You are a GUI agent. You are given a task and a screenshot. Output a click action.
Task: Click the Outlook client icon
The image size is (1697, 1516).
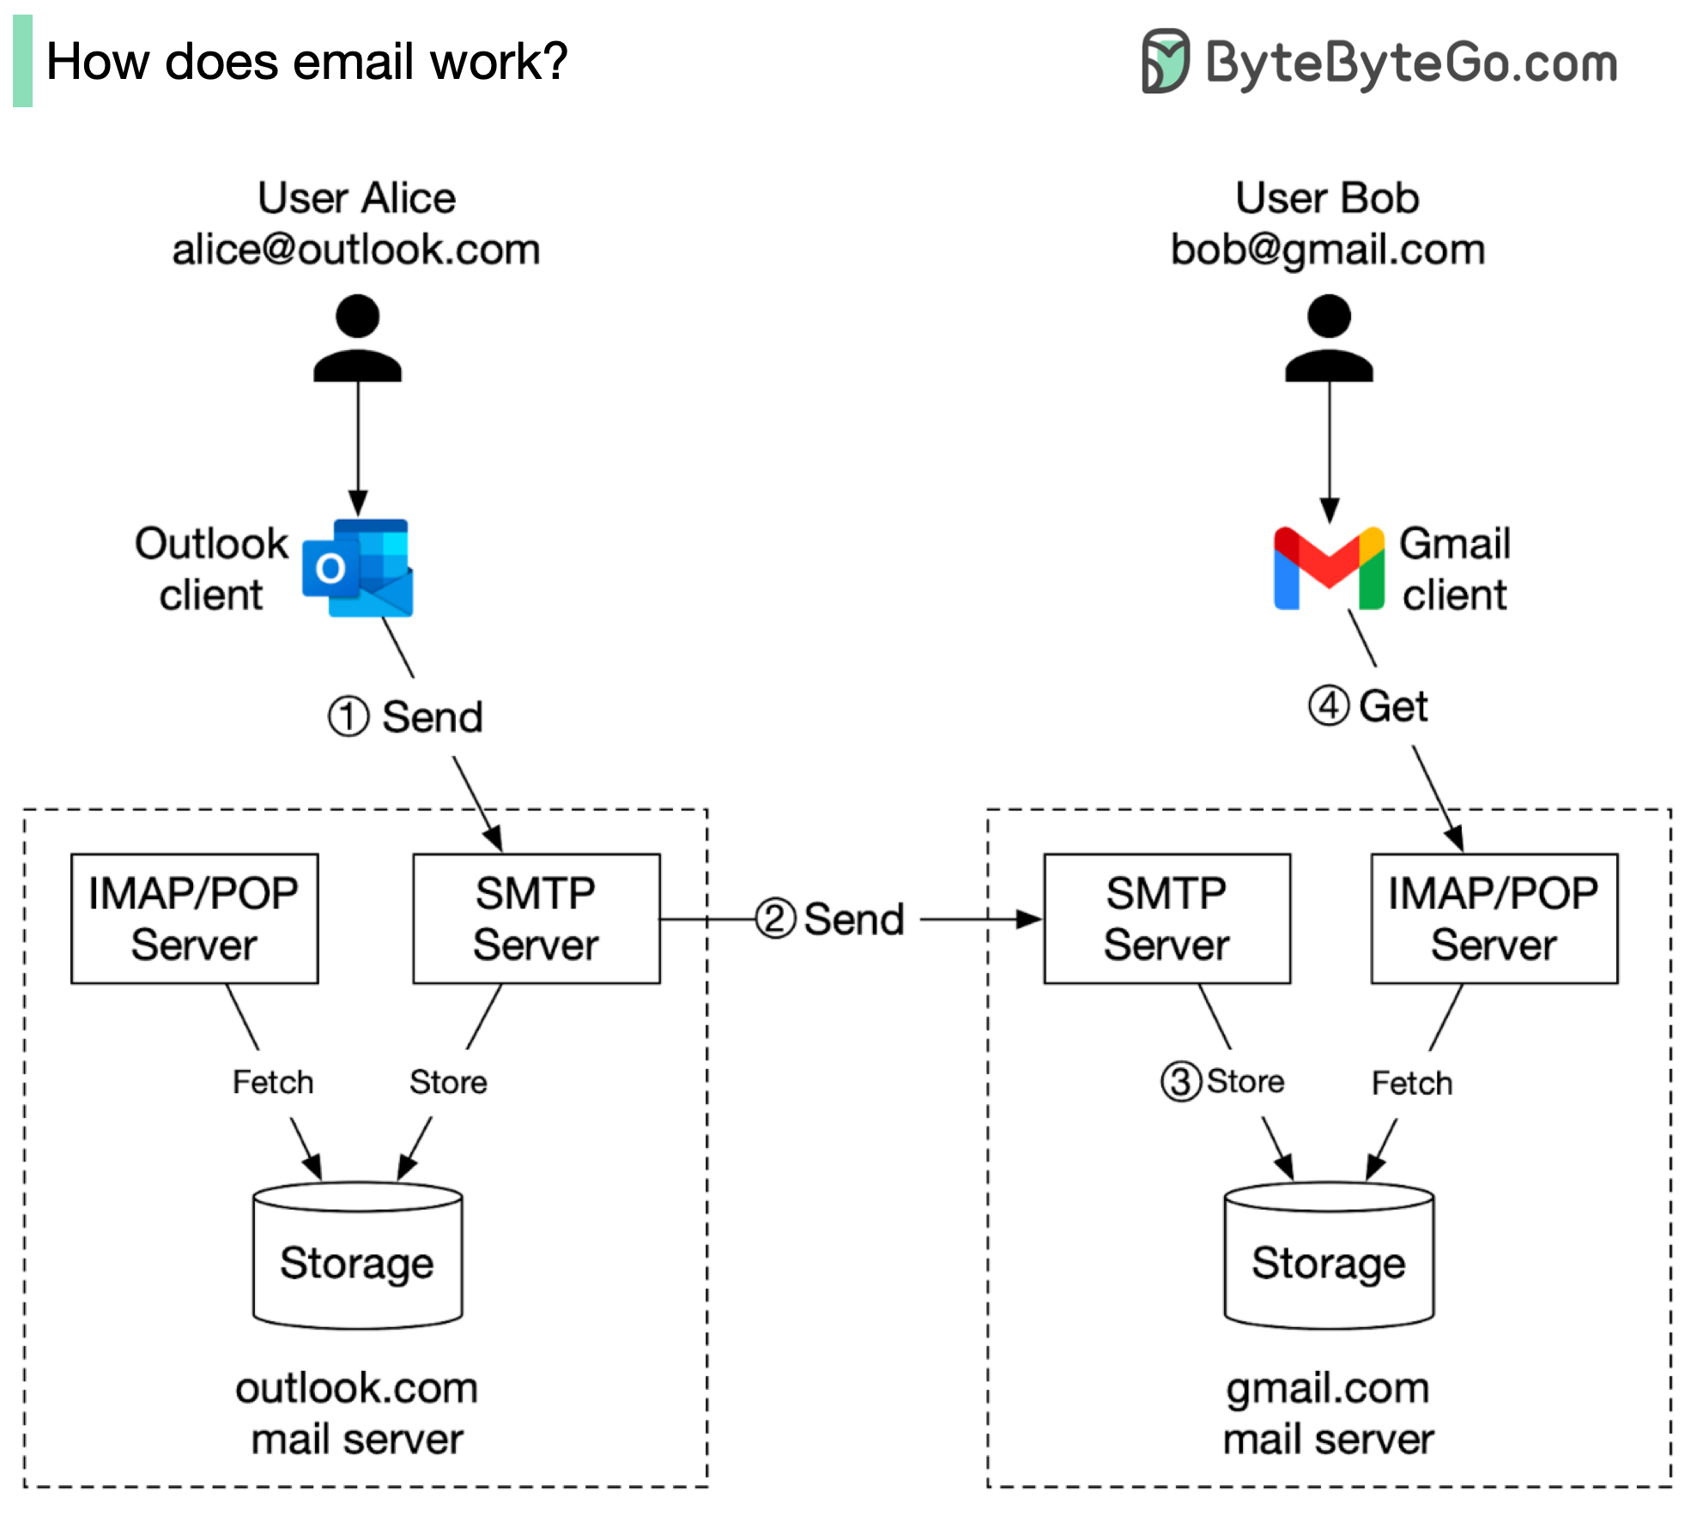[x=358, y=568]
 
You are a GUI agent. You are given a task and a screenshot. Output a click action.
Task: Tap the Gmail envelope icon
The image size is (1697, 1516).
[x=1328, y=568]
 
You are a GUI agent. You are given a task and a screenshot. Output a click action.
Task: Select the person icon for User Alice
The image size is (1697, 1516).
[x=357, y=338]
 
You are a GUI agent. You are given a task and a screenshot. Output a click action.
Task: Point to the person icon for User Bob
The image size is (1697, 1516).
[x=1328, y=338]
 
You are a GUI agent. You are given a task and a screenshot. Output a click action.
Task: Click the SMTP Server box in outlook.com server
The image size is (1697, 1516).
[x=536, y=918]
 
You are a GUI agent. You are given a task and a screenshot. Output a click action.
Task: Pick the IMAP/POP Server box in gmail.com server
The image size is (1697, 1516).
[x=1494, y=918]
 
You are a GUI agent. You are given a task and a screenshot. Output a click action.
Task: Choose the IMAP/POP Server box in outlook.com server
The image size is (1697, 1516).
[x=194, y=918]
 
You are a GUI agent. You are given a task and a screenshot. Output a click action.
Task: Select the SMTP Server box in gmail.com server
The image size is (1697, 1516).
[x=1167, y=918]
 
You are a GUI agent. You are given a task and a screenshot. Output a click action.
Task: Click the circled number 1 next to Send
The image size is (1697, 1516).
[x=348, y=716]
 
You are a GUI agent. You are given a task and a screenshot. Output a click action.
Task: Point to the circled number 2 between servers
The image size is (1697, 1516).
[x=775, y=919]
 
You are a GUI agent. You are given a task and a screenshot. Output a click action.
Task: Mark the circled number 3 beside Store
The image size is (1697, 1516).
[x=1180, y=1082]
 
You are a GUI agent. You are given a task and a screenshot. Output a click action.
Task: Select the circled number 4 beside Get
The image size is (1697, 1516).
[x=1328, y=706]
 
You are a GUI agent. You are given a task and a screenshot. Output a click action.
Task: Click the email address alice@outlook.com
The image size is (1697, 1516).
[x=356, y=250]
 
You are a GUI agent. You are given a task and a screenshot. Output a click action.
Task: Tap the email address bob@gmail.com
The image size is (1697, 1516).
[x=1328, y=250]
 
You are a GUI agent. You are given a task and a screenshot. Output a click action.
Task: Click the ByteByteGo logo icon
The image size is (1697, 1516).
[x=1165, y=61]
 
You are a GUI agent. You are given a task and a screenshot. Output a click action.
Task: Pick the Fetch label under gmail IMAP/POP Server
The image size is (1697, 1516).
[x=1412, y=1084]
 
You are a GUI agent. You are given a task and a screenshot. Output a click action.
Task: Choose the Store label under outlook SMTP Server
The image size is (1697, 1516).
[x=448, y=1083]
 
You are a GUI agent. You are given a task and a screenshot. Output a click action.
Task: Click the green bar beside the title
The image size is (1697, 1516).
[x=22, y=61]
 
